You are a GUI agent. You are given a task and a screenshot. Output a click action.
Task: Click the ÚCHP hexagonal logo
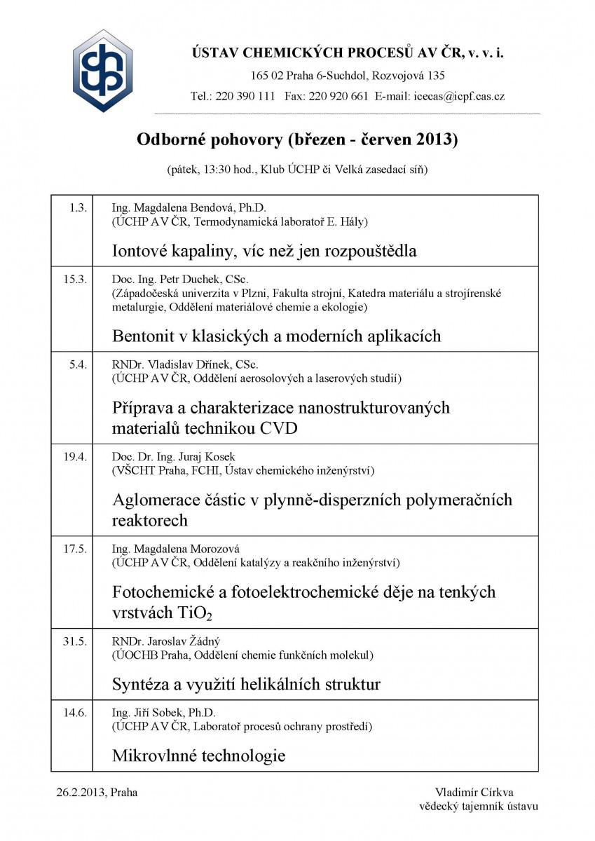pyautogui.click(x=103, y=71)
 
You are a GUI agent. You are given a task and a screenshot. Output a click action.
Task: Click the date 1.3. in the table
pyautogui.click(x=78, y=207)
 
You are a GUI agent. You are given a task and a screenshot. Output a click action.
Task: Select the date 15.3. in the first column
pyautogui.click(x=75, y=280)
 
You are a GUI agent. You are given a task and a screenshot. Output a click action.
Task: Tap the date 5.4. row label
pyautogui.click(x=78, y=365)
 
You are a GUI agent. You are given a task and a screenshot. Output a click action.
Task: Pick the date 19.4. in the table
pyautogui.click(x=75, y=457)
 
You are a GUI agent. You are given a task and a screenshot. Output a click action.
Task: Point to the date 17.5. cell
pyautogui.click(x=75, y=549)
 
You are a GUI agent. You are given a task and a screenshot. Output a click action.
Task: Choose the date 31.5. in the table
pyautogui.click(x=75, y=641)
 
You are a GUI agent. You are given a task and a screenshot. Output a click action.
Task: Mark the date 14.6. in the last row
pyautogui.click(x=75, y=713)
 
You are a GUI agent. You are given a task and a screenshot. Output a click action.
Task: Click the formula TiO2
pyautogui.click(x=192, y=613)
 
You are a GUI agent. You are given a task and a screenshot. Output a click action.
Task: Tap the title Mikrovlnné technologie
pyautogui.click(x=199, y=755)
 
